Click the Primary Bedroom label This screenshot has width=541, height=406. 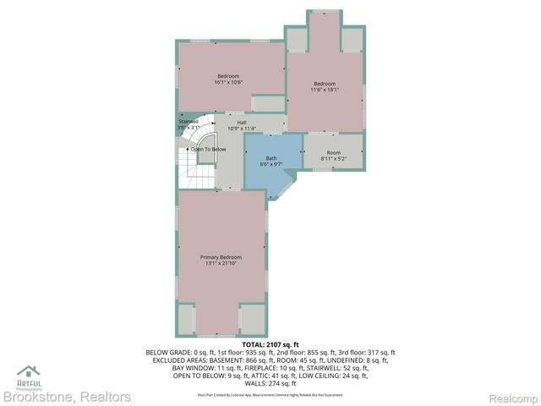(x=221, y=257)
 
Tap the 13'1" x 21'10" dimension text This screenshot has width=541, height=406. (x=221, y=264)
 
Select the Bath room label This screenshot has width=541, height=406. (x=271, y=158)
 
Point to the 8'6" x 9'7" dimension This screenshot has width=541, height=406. (x=271, y=165)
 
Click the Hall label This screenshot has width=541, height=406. (x=242, y=123)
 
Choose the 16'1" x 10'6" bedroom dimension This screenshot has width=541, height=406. (x=228, y=83)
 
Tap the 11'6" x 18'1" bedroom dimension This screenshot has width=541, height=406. (x=325, y=91)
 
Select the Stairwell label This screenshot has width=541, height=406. (x=188, y=121)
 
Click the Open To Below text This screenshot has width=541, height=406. (x=208, y=149)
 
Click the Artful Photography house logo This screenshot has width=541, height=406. (x=28, y=370)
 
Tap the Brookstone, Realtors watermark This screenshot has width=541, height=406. (x=67, y=397)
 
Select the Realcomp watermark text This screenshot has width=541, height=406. (x=514, y=398)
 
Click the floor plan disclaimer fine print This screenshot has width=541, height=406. (x=270, y=394)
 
